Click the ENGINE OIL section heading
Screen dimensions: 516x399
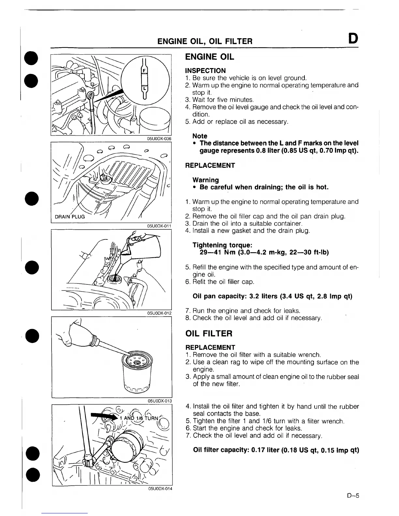tap(209, 57)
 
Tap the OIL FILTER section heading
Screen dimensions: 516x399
tap(209, 334)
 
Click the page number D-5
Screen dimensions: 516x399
tap(353, 496)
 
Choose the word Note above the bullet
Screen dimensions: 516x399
tap(200, 136)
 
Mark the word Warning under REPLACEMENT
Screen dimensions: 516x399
tap(206, 180)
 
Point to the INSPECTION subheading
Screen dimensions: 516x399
tap(205, 71)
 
